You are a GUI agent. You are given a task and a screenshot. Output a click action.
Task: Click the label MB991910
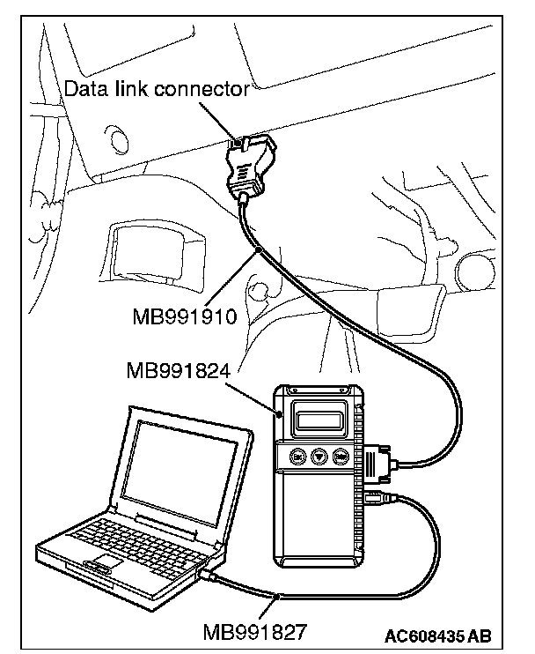(185, 316)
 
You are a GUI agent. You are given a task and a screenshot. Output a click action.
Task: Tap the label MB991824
(179, 370)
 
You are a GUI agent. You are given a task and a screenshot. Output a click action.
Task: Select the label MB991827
(254, 631)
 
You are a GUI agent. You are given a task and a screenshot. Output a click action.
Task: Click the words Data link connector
(157, 88)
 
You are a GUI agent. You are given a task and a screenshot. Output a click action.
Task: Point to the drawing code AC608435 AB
(437, 636)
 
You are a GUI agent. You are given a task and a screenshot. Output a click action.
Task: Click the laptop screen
(181, 471)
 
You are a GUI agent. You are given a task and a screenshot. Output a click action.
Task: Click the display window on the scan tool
(319, 420)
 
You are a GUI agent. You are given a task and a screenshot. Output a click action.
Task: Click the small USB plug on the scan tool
(376, 498)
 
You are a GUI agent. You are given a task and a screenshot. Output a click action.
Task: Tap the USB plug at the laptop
(209, 575)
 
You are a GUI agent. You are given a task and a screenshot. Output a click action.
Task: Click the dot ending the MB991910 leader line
(259, 250)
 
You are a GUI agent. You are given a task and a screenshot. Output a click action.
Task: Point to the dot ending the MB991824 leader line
(280, 413)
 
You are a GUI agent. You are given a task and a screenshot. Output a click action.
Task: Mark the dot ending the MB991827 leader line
(277, 598)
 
